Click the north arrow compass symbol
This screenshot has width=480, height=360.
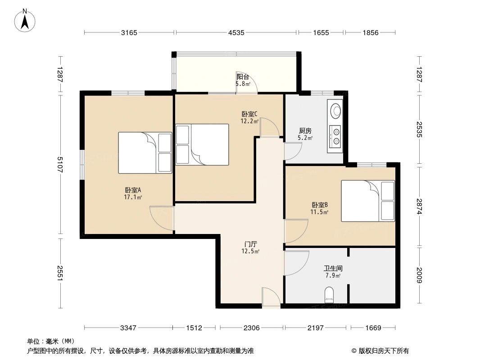pos(25,21)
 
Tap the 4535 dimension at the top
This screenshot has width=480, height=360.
pos(236,32)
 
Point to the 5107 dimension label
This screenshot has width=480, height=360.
pos(60,165)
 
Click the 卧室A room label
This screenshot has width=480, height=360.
pos(132,190)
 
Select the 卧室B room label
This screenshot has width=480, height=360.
pos(320,205)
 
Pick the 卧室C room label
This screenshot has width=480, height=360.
pos(249,114)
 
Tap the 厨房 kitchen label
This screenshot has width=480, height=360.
pos(305,131)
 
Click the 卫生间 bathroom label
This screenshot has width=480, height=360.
pos(333,269)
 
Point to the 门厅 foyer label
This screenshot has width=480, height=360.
pos(251,244)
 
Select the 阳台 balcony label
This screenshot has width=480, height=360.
pos(243,76)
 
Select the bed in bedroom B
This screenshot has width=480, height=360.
pos(368,201)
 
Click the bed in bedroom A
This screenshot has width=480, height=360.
pos(145,153)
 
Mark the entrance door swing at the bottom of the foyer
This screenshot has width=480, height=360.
pos(271,297)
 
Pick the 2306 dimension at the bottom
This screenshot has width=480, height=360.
pos(251,328)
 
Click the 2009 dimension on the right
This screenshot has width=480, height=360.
pos(419,275)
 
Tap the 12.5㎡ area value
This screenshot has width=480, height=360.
pos(251,252)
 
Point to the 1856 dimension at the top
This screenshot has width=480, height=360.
pos(371,32)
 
